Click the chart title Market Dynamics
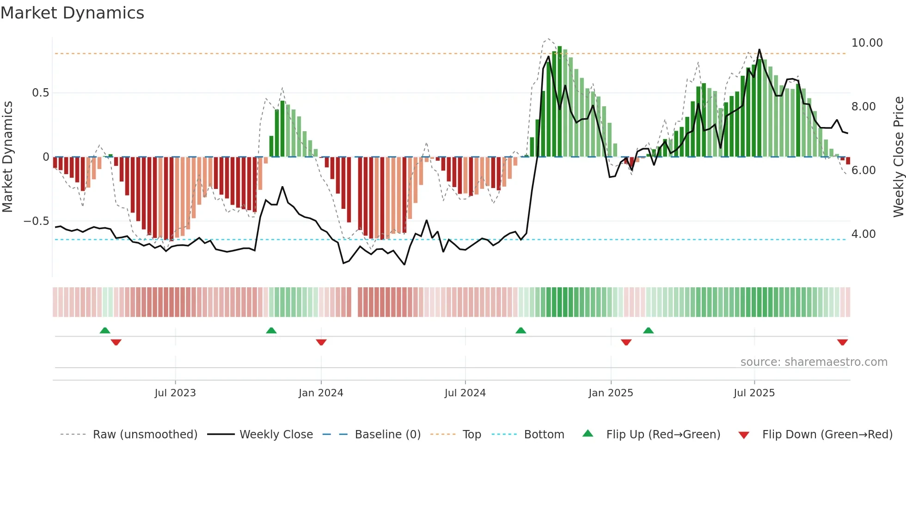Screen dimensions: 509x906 [72, 13]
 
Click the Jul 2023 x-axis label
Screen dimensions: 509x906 [175, 393]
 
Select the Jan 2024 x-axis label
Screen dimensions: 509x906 [321, 393]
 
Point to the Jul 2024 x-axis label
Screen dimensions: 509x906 [465, 393]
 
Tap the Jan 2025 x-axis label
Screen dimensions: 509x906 [611, 393]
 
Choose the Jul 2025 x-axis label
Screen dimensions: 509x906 [754, 393]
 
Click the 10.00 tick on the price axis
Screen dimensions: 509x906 [867, 43]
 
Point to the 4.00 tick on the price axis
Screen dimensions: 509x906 [863, 234]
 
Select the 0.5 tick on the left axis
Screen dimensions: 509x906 [40, 93]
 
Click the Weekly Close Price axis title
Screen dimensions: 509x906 [898, 157]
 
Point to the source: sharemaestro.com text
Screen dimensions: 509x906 [814, 362]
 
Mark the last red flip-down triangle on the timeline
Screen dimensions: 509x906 [842, 342]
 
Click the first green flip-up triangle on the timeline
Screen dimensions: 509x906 [105, 330]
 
